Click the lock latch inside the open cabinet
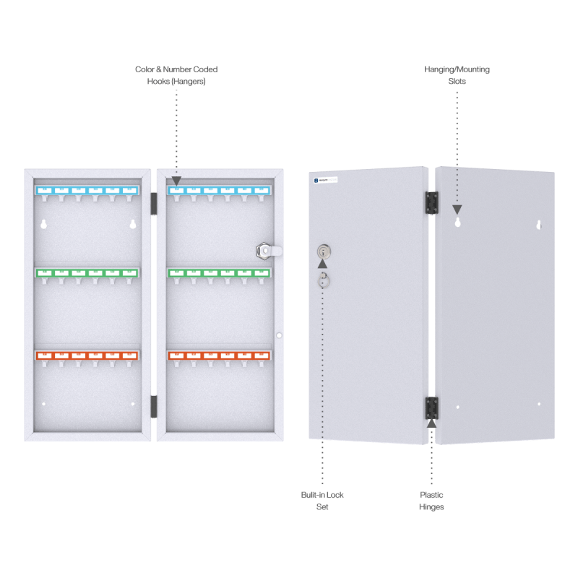coord(267,251)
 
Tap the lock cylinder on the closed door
coord(323,251)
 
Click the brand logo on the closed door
coord(329,178)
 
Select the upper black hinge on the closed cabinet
coord(431,202)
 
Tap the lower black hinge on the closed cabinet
coord(431,407)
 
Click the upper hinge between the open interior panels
coord(153,202)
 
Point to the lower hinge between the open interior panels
coord(153,406)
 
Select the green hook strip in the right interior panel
coord(219,273)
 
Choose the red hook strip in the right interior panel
coord(219,355)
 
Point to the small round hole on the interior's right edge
coord(279,335)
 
